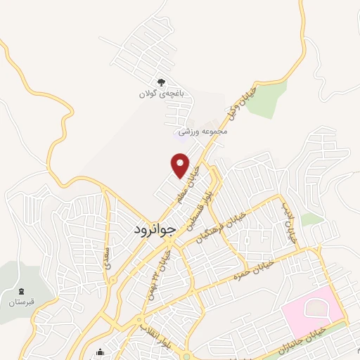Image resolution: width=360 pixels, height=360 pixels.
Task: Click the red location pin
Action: pos(181,165)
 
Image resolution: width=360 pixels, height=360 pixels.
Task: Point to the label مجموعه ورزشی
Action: pos(204,131)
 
